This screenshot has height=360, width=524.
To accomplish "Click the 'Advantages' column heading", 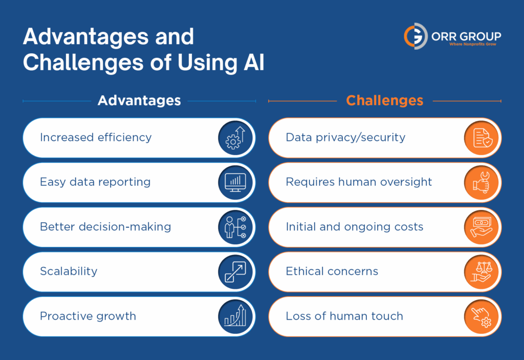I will [139, 100].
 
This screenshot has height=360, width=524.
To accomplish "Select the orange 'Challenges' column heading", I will [385, 100].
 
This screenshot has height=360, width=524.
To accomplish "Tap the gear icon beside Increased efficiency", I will [235, 138].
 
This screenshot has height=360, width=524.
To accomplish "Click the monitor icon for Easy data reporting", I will [235, 182].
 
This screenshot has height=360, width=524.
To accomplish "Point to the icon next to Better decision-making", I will [235, 227].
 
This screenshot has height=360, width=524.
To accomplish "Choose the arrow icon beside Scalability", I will [235, 271].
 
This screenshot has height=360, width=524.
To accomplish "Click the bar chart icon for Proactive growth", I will [235, 316].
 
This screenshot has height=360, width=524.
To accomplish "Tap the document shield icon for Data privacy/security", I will [482, 138].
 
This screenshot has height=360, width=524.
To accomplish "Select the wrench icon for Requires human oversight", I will [482, 182].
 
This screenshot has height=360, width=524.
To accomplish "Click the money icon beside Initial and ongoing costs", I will [482, 227].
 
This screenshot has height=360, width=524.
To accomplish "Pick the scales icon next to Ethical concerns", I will [482, 271].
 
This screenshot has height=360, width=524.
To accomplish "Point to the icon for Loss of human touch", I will [482, 316].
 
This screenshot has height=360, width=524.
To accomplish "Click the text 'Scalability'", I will [68, 271].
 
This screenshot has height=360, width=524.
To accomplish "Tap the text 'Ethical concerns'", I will [332, 271].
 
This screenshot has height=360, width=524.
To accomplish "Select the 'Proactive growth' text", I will [88, 316].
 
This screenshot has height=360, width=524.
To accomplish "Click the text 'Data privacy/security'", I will [345, 138].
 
